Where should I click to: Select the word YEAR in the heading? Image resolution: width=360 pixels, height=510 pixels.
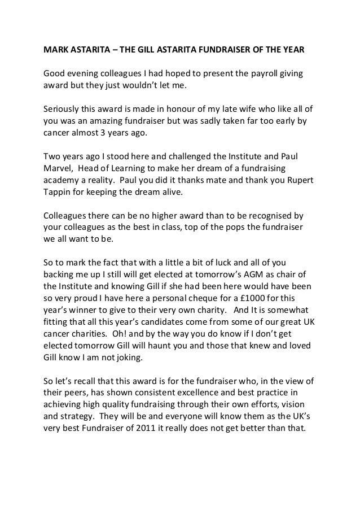(291, 50)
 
